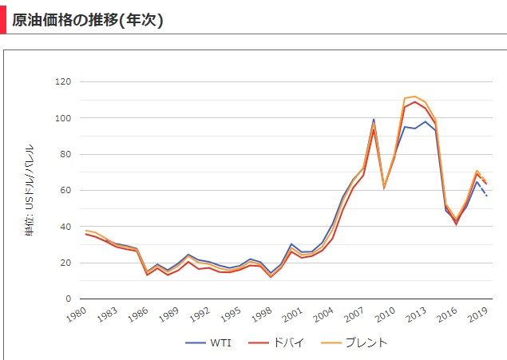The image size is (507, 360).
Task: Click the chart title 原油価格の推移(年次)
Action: pos(88,20)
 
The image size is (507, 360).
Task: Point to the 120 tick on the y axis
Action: pos(63,81)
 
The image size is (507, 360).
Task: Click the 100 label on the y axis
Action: pos(63,118)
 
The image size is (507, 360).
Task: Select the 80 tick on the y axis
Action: pos(65,154)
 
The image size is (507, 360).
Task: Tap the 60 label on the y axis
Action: pos(65,191)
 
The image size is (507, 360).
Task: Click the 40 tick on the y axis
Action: pos(65,227)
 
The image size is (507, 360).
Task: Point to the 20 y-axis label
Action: pos(65,263)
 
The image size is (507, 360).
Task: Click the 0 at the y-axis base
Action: pos(69,299)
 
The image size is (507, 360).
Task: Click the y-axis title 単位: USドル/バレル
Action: pos(30,190)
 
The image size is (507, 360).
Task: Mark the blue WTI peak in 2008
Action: pos(373,120)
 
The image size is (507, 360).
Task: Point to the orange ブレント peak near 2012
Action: pos(414,97)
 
